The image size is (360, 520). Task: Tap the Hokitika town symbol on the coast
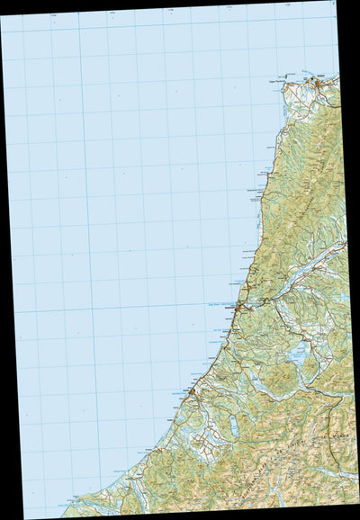point(192,393)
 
